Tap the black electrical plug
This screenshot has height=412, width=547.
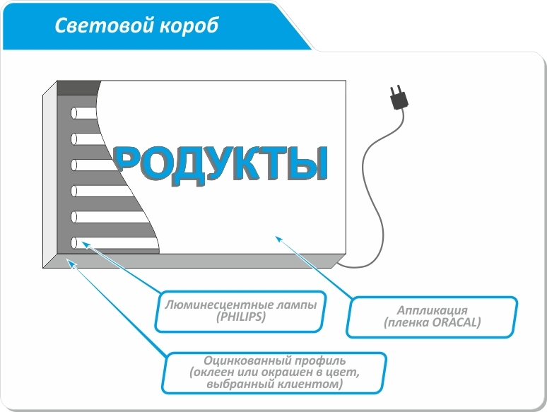pos(398,98)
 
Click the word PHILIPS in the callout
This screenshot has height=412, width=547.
pos(240,317)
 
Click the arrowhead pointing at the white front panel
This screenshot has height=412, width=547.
pos(278,239)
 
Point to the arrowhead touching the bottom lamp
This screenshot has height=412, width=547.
pos(83,244)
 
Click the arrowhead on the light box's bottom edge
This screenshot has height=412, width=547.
pos(69,262)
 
